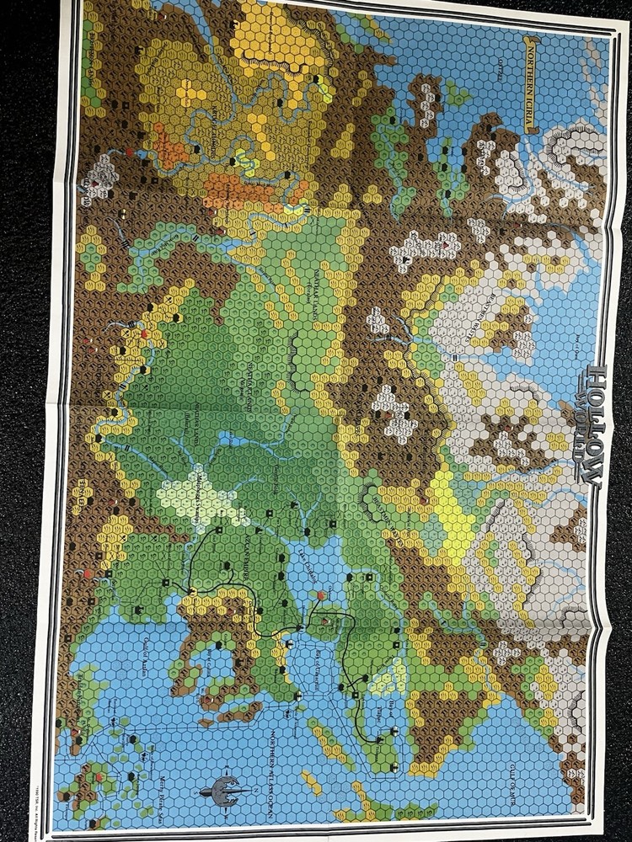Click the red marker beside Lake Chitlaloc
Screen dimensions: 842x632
[321, 595]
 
